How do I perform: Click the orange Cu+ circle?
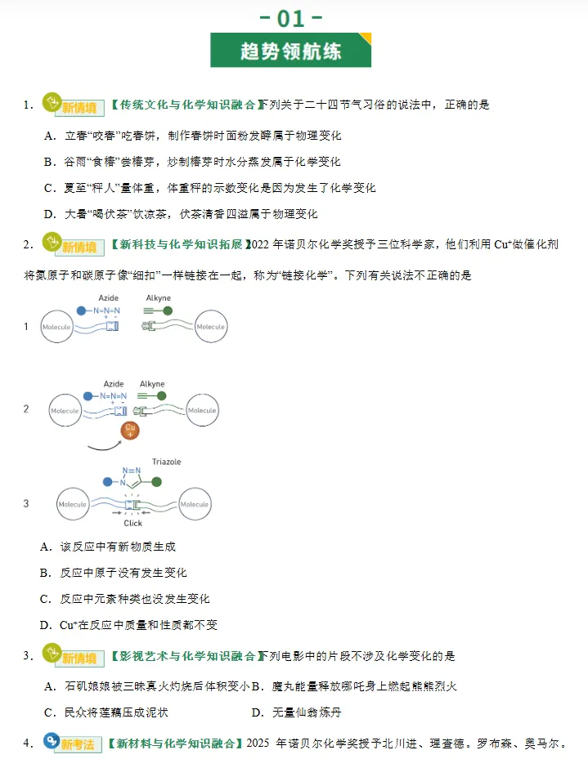tap(129, 430)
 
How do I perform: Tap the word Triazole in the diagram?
tap(166, 462)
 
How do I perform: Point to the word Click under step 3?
tap(132, 523)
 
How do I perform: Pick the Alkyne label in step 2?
tap(152, 384)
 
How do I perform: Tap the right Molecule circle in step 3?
tap(195, 504)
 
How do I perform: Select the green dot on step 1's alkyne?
tap(168, 311)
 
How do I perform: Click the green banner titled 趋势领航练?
tap(290, 51)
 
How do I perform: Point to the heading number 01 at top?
tap(290, 17)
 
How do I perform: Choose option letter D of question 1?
tap(49, 214)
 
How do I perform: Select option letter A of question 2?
tap(46, 547)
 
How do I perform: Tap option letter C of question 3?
tap(49, 712)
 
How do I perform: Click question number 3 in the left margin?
tap(28, 656)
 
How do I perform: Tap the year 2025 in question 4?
tap(258, 744)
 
